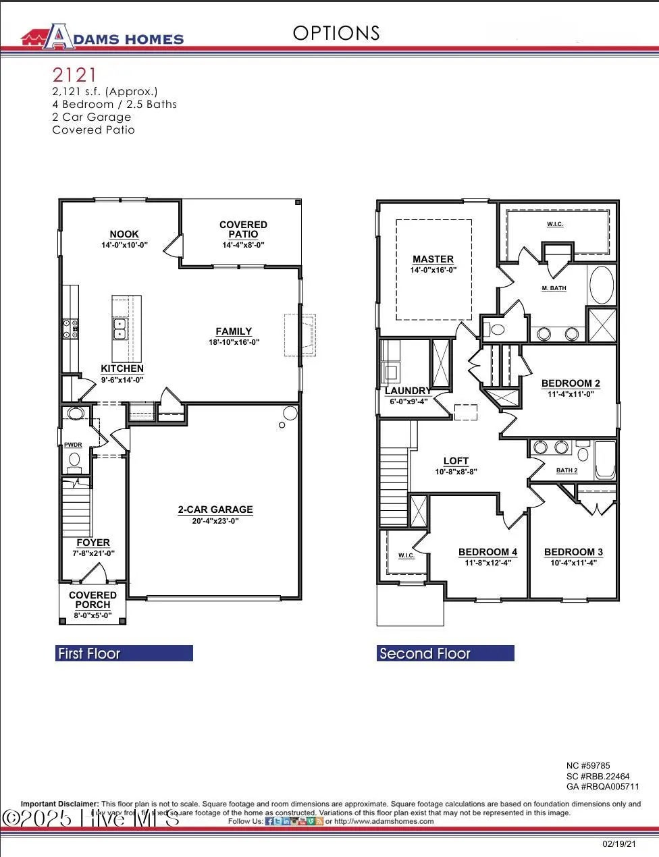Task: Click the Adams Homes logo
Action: tap(102, 38)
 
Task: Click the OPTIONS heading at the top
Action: tap(336, 33)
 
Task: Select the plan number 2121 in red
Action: tap(75, 74)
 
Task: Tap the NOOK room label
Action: tap(124, 234)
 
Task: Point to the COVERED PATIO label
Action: tap(243, 229)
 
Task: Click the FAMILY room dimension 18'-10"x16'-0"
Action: tap(234, 342)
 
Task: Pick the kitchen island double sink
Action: tap(120, 329)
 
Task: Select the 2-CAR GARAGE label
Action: tap(215, 510)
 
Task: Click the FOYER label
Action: tap(93, 543)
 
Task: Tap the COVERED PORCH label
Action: tap(93, 600)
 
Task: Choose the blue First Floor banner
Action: tap(124, 653)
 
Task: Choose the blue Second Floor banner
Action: tap(445, 653)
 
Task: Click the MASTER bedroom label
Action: tap(433, 259)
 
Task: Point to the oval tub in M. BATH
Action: tap(602, 285)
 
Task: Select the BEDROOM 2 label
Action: tap(571, 383)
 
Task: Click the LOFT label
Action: tap(456, 462)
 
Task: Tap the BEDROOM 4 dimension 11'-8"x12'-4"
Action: tap(487, 563)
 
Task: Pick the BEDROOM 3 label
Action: tap(573, 552)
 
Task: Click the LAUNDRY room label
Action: tap(406, 391)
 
